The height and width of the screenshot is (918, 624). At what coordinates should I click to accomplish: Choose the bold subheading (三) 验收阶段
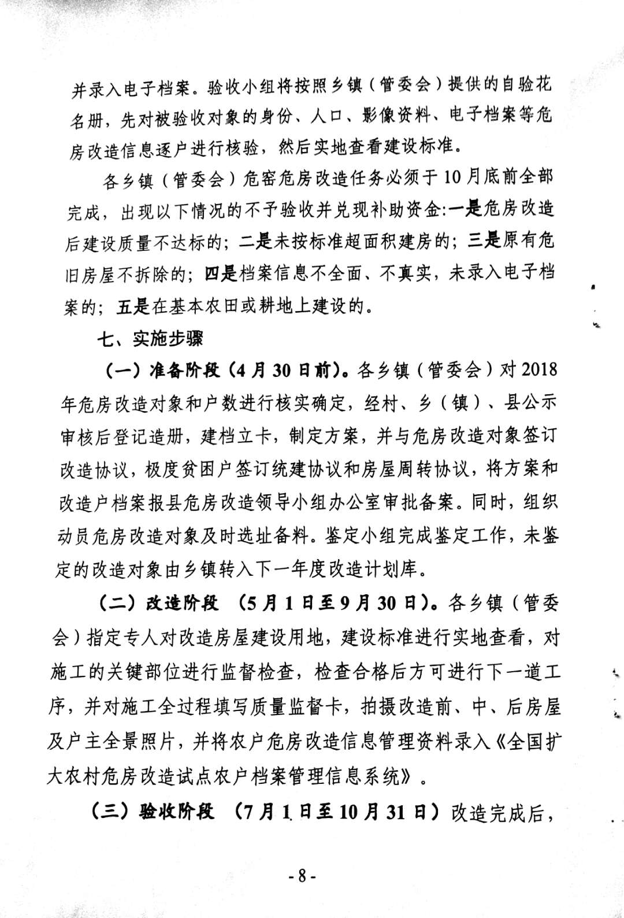coord(153,812)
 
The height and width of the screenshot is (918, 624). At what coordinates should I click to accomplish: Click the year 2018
coord(539,369)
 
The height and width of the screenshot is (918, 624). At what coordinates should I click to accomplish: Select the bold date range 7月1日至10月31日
coord(337,812)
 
